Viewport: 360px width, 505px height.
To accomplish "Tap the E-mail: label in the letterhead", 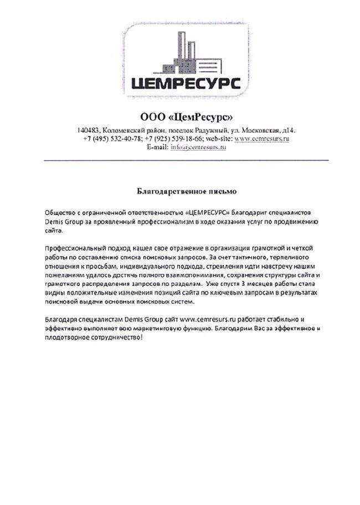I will coord(158,147).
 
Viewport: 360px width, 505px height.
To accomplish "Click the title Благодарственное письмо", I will coord(186,192).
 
